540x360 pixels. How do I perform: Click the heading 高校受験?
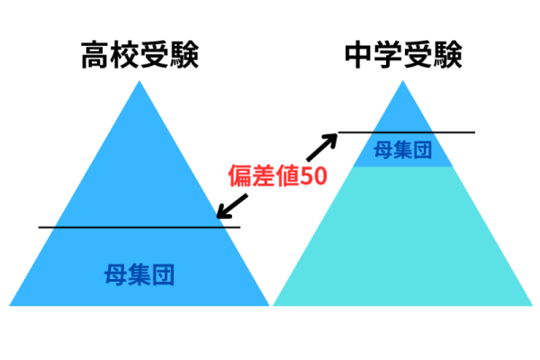[x=139, y=55]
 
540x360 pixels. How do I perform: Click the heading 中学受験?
[x=403, y=55]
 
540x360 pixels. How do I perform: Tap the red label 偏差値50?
[x=277, y=175]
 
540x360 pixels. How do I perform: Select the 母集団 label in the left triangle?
[x=139, y=274]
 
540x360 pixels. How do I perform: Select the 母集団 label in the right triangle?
[x=403, y=150]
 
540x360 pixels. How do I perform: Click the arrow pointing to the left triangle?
[x=232, y=206]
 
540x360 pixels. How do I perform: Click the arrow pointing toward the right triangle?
[x=322, y=147]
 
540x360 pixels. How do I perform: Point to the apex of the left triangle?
[x=139, y=81]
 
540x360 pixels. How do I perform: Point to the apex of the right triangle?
[x=403, y=81]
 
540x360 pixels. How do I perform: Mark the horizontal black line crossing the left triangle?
[x=139, y=228]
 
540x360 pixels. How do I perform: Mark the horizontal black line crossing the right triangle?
[x=407, y=132]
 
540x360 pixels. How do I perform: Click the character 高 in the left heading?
[x=95, y=55]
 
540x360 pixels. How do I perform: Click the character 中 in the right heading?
[x=359, y=55]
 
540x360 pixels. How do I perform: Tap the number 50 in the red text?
[x=314, y=175]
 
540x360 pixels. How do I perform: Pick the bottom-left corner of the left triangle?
[x=9, y=306]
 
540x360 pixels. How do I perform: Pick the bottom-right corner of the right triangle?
[x=533, y=306]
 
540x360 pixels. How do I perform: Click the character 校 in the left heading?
[x=125, y=55]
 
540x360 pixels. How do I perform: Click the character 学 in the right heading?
[x=389, y=55]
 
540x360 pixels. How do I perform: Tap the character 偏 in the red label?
[x=240, y=175]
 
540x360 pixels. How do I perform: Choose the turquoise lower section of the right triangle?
[x=403, y=241]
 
